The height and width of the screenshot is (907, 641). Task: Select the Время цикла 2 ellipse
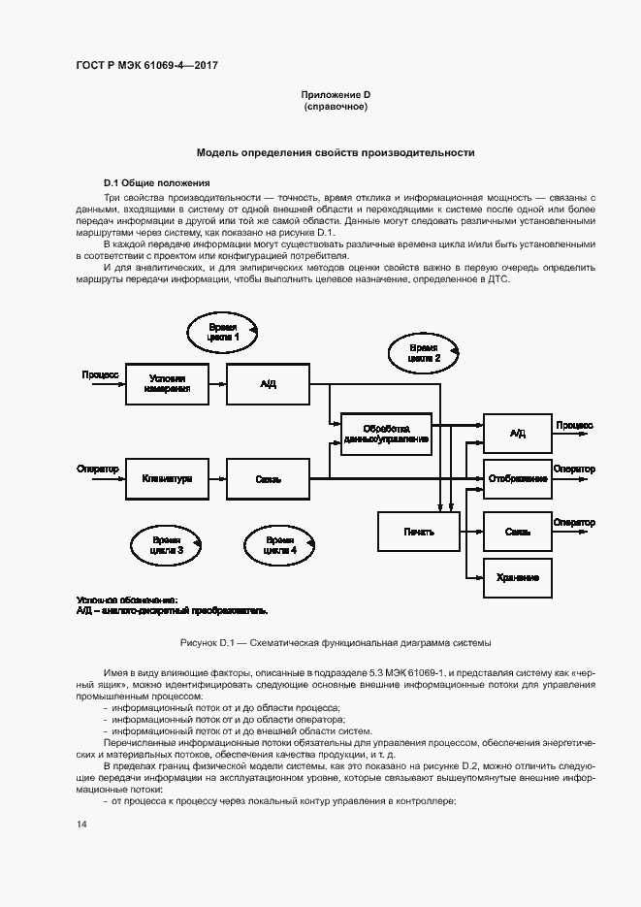(423, 353)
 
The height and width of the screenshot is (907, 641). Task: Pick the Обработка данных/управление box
(385, 433)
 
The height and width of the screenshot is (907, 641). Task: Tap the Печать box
(418, 531)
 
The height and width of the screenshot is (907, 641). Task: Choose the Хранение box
(517, 577)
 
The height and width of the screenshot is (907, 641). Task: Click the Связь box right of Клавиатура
(269, 478)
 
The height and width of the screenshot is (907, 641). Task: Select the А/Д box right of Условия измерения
(269, 383)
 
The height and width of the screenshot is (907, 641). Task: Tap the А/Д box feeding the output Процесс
(517, 433)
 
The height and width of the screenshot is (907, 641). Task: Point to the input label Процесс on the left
(100, 373)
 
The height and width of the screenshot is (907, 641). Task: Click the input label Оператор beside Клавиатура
(97, 470)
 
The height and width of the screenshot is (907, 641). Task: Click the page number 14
(81, 825)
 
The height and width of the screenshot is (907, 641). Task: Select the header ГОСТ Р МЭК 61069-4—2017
(145, 65)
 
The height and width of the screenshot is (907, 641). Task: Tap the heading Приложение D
(336, 94)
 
